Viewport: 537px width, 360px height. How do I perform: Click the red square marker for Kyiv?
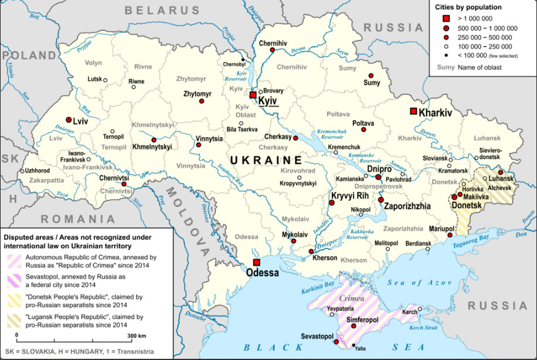(253, 94)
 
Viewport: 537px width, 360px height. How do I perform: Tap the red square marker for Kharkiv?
(413, 111)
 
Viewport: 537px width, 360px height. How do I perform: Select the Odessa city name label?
(263, 273)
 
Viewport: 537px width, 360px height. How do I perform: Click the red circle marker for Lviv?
(69, 119)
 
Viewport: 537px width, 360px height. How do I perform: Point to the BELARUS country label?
(162, 10)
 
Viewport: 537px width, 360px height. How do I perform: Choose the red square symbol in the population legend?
(446, 19)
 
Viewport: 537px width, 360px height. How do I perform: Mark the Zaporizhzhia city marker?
(380, 201)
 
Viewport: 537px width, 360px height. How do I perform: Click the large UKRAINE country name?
(266, 160)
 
